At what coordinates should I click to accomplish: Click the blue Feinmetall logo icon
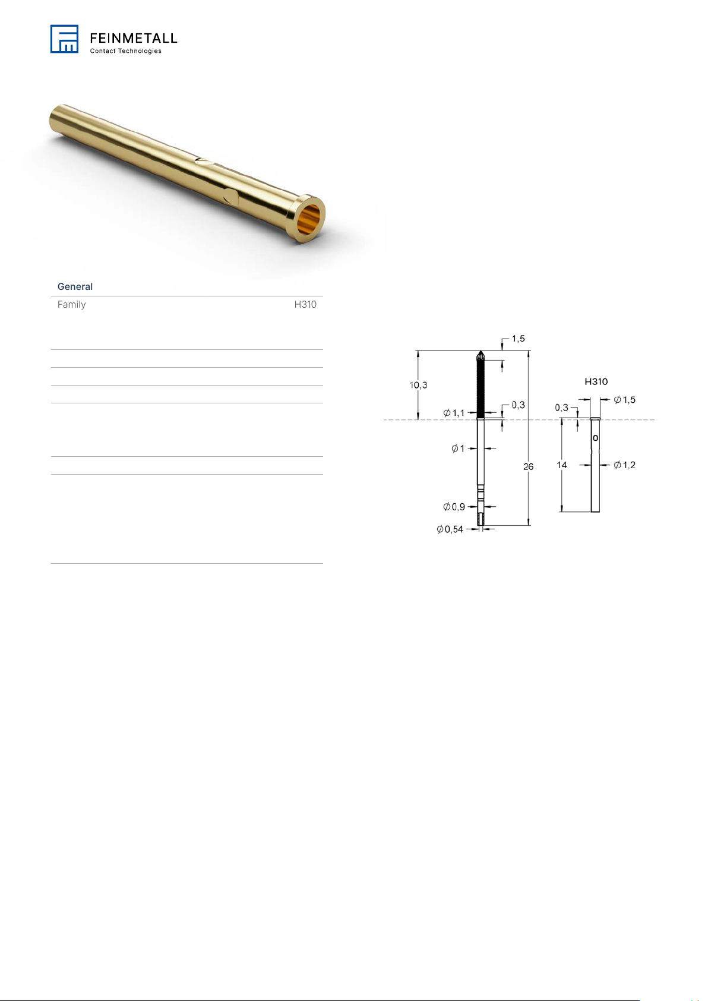[x=64, y=39]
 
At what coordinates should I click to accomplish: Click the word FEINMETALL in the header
[x=134, y=38]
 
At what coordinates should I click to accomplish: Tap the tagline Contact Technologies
[x=125, y=51]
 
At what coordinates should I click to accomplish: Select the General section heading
[x=75, y=286]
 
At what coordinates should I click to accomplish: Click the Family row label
[x=71, y=304]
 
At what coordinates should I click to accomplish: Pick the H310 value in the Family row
[x=305, y=304]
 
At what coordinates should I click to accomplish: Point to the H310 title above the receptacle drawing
[x=596, y=381]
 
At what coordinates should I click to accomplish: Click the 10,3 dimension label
[x=418, y=385]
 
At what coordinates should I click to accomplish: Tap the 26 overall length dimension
[x=529, y=466]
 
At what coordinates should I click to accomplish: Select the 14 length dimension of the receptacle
[x=561, y=465]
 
